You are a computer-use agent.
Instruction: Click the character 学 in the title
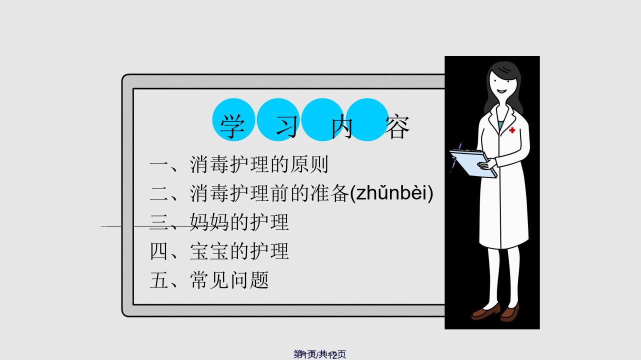232,126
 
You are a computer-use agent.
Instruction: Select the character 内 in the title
341,126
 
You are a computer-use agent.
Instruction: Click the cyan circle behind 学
233,119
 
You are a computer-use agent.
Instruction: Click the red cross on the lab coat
512,130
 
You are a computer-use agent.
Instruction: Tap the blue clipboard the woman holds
473,163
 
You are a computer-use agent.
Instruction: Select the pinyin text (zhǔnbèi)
391,193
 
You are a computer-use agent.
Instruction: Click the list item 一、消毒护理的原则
239,164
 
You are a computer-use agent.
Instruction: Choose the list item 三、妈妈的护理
219,222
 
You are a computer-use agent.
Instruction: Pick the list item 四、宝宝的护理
219,251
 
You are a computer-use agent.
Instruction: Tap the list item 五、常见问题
209,280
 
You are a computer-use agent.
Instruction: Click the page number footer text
319,354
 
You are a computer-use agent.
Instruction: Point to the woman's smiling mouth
501,91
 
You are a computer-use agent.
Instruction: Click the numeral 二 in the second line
159,193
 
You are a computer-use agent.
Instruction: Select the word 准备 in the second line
329,193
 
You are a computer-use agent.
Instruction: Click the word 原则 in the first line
309,164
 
